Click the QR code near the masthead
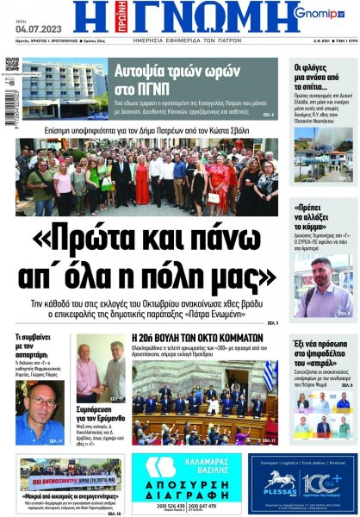(11, 65)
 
